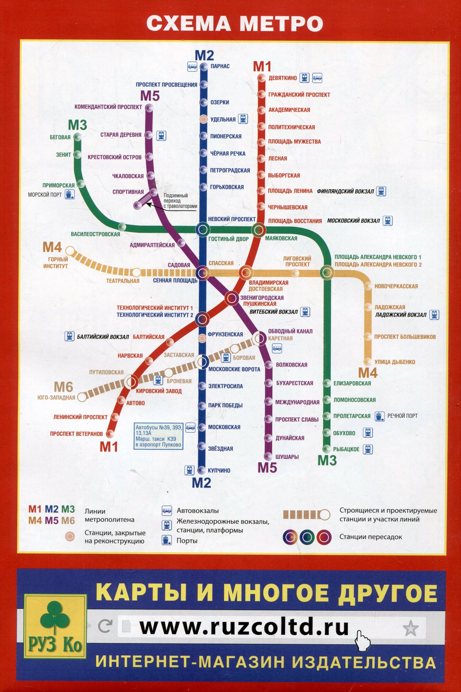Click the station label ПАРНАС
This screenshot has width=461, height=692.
coord(220,66)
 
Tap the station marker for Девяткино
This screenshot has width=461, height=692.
coord(262,78)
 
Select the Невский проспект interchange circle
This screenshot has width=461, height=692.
coord(203,229)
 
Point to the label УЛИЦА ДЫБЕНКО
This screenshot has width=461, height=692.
coord(395,362)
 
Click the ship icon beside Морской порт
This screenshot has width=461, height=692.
coord(70,194)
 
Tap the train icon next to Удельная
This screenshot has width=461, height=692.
coord(243,119)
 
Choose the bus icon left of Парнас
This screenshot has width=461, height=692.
coord(192,66)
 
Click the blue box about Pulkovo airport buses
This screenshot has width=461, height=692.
coord(159,436)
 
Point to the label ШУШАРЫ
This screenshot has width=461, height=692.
coord(287,457)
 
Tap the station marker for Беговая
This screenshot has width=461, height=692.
coord(78,137)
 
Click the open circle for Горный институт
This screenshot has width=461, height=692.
coord(70,251)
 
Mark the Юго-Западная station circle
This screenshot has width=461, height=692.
coord(82,397)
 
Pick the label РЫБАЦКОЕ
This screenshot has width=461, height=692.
coord(346,449)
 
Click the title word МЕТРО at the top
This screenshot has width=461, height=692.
coord(281,24)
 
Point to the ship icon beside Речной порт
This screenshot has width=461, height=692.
coord(380,416)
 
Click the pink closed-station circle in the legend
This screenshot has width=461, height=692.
coord(70,536)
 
